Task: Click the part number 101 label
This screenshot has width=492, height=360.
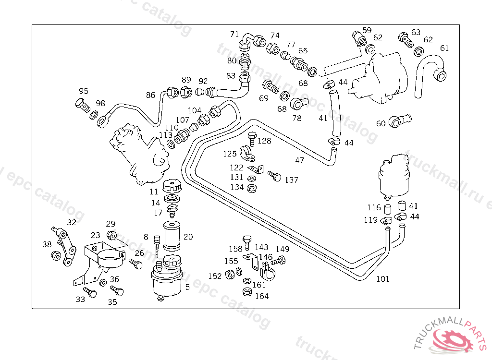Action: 383,279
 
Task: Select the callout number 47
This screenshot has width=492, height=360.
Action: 300,160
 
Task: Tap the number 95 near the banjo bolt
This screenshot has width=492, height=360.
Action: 84,91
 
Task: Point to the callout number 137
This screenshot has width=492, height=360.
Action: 292,180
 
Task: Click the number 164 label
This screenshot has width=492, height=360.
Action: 262,296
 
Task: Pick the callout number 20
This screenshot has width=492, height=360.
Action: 188,237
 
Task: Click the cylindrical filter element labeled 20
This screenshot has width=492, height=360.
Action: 172,236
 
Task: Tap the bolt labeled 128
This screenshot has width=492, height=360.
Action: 252,139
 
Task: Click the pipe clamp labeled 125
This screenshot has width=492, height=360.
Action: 247,153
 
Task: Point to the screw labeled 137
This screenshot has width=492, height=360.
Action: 274,176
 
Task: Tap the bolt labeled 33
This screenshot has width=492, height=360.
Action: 90,292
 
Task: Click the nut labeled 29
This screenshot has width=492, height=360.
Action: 111,235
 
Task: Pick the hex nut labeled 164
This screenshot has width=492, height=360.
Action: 247,292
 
